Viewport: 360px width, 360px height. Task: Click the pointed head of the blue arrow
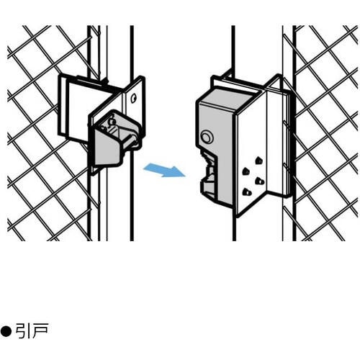coord(185,176)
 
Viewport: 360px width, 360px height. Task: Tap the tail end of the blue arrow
coord(144,168)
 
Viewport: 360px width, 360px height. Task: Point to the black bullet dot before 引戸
coord(6,331)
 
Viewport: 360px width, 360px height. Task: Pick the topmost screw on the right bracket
coord(259,161)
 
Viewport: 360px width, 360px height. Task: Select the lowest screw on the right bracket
coord(246,192)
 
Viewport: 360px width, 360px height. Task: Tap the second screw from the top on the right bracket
coord(246,171)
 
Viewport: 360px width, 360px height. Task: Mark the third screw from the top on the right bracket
coord(260,181)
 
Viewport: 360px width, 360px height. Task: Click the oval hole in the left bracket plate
coord(132,98)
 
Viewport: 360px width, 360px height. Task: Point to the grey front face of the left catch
coord(107,149)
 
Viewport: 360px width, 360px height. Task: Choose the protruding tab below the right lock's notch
coord(207,189)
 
